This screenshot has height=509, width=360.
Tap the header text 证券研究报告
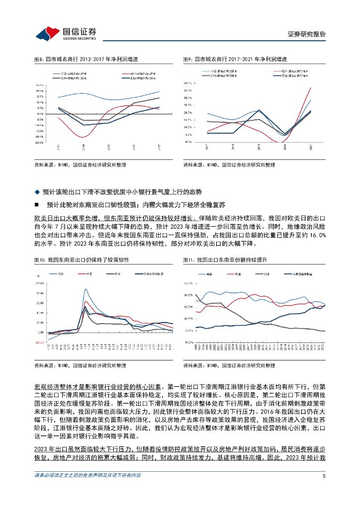[307, 34]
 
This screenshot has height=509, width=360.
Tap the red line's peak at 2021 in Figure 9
[311, 87]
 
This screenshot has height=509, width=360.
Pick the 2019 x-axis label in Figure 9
[259, 147]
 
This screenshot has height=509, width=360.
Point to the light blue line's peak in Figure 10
[86, 289]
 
